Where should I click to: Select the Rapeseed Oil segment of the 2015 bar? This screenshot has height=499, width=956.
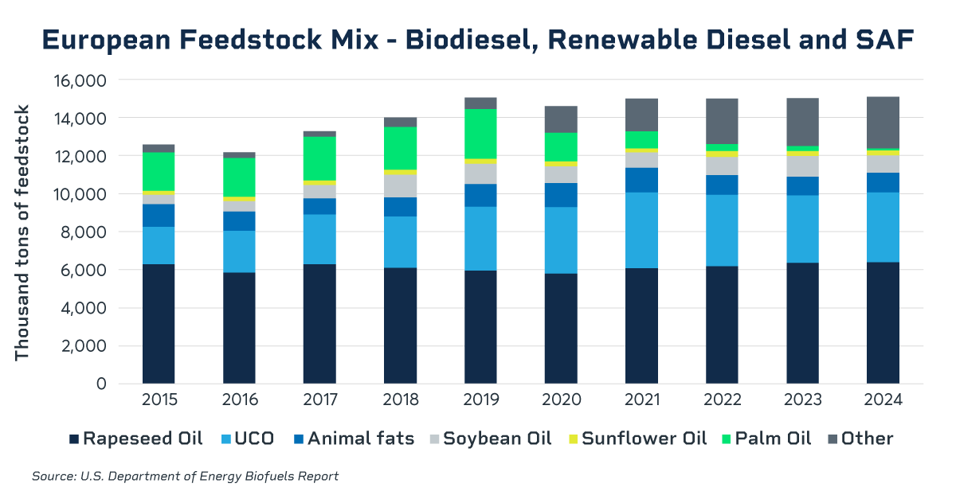tap(159, 323)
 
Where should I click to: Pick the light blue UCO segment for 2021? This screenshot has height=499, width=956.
tap(641, 230)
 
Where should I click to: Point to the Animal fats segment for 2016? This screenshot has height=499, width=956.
tap(239, 220)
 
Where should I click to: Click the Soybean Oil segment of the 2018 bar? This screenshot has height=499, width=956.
tap(400, 185)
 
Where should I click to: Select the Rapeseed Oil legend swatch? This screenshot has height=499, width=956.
tap(75, 439)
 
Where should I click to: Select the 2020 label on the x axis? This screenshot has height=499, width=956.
tap(561, 400)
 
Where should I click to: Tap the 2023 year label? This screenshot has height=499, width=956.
tap(802, 400)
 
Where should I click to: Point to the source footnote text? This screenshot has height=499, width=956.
tap(185, 477)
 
